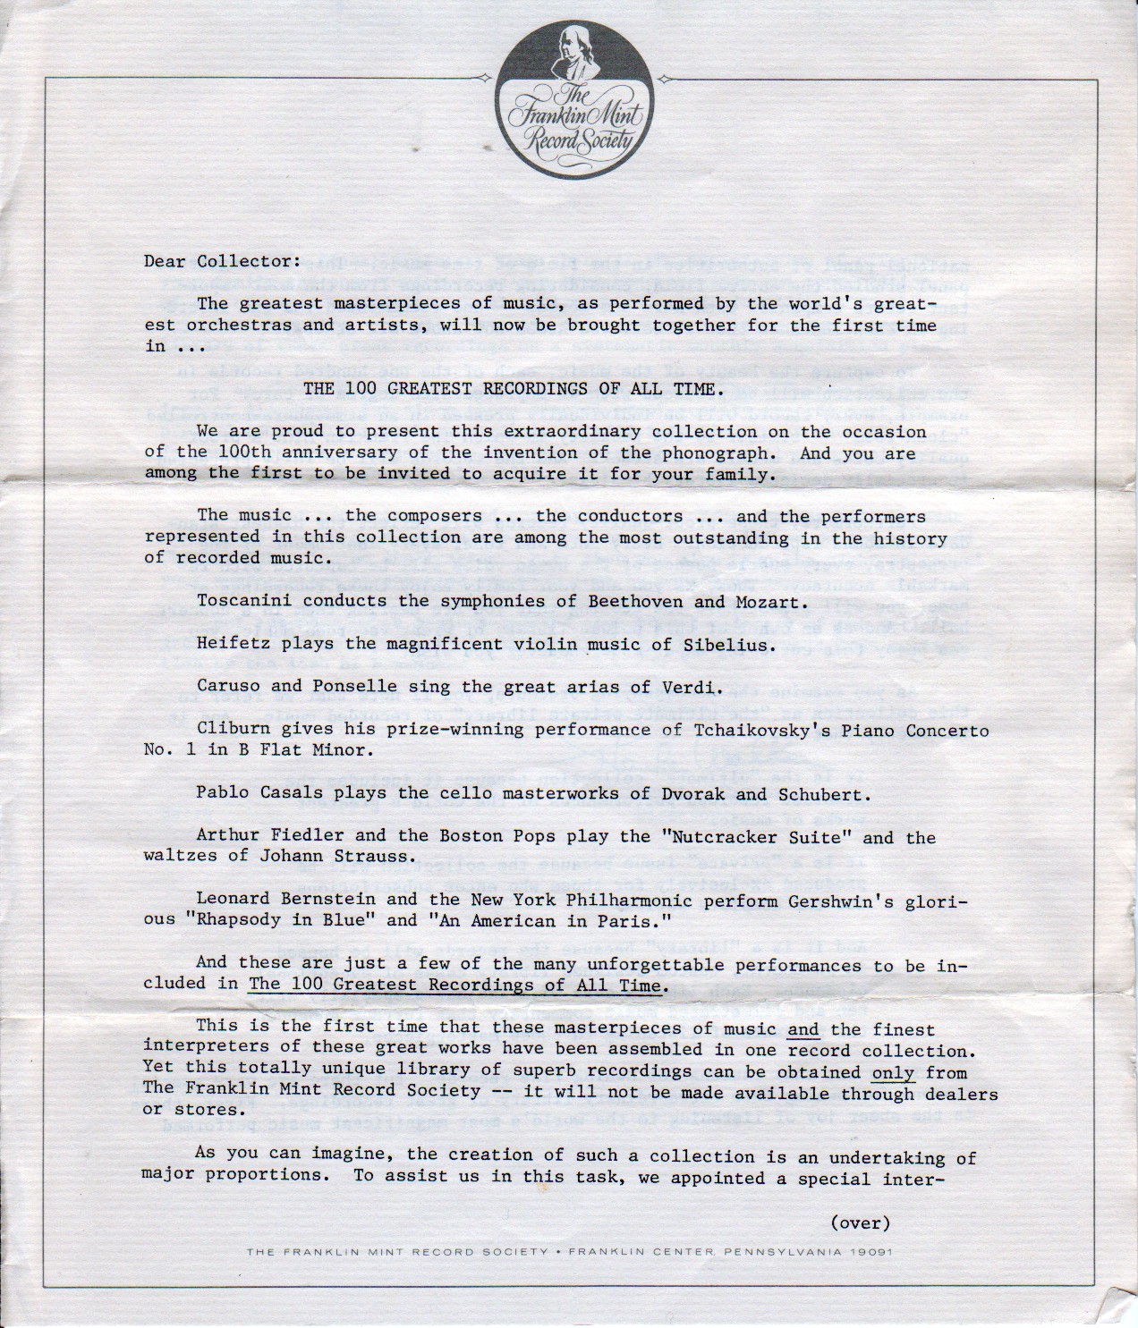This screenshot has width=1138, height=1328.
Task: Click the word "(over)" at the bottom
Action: tap(861, 1222)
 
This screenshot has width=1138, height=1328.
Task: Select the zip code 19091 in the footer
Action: tap(872, 1252)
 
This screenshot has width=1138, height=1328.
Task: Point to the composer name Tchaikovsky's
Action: tap(763, 730)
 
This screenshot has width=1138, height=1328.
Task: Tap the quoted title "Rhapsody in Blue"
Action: tap(281, 920)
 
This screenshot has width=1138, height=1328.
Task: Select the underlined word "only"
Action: tap(893, 1071)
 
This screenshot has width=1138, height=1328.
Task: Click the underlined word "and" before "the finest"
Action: tap(803, 1029)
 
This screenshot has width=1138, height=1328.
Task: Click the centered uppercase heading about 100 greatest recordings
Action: tap(510, 389)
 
